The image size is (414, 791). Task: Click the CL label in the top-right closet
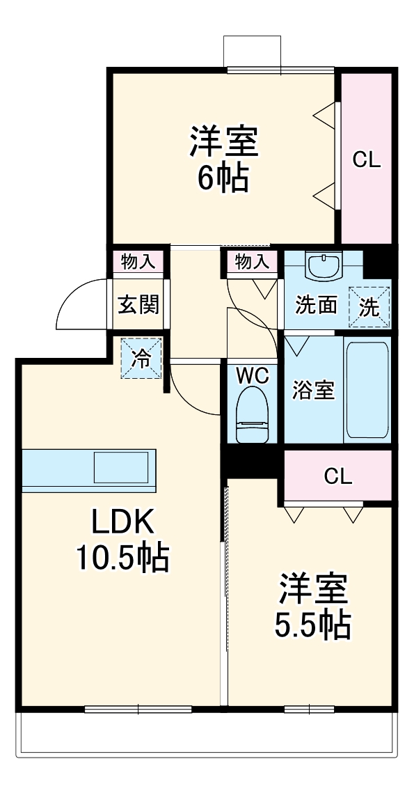(x=366, y=159)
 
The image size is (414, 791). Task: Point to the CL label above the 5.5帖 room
(x=337, y=477)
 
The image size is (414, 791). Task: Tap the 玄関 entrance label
(x=138, y=304)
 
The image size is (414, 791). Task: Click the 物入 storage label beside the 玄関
(x=138, y=262)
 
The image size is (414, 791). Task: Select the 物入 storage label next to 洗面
(x=251, y=262)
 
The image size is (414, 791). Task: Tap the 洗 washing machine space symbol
(x=369, y=307)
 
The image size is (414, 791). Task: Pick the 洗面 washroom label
(x=317, y=306)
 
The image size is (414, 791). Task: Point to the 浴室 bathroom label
(x=312, y=391)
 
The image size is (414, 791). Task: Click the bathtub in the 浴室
(x=367, y=389)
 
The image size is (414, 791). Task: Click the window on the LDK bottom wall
(x=138, y=709)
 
